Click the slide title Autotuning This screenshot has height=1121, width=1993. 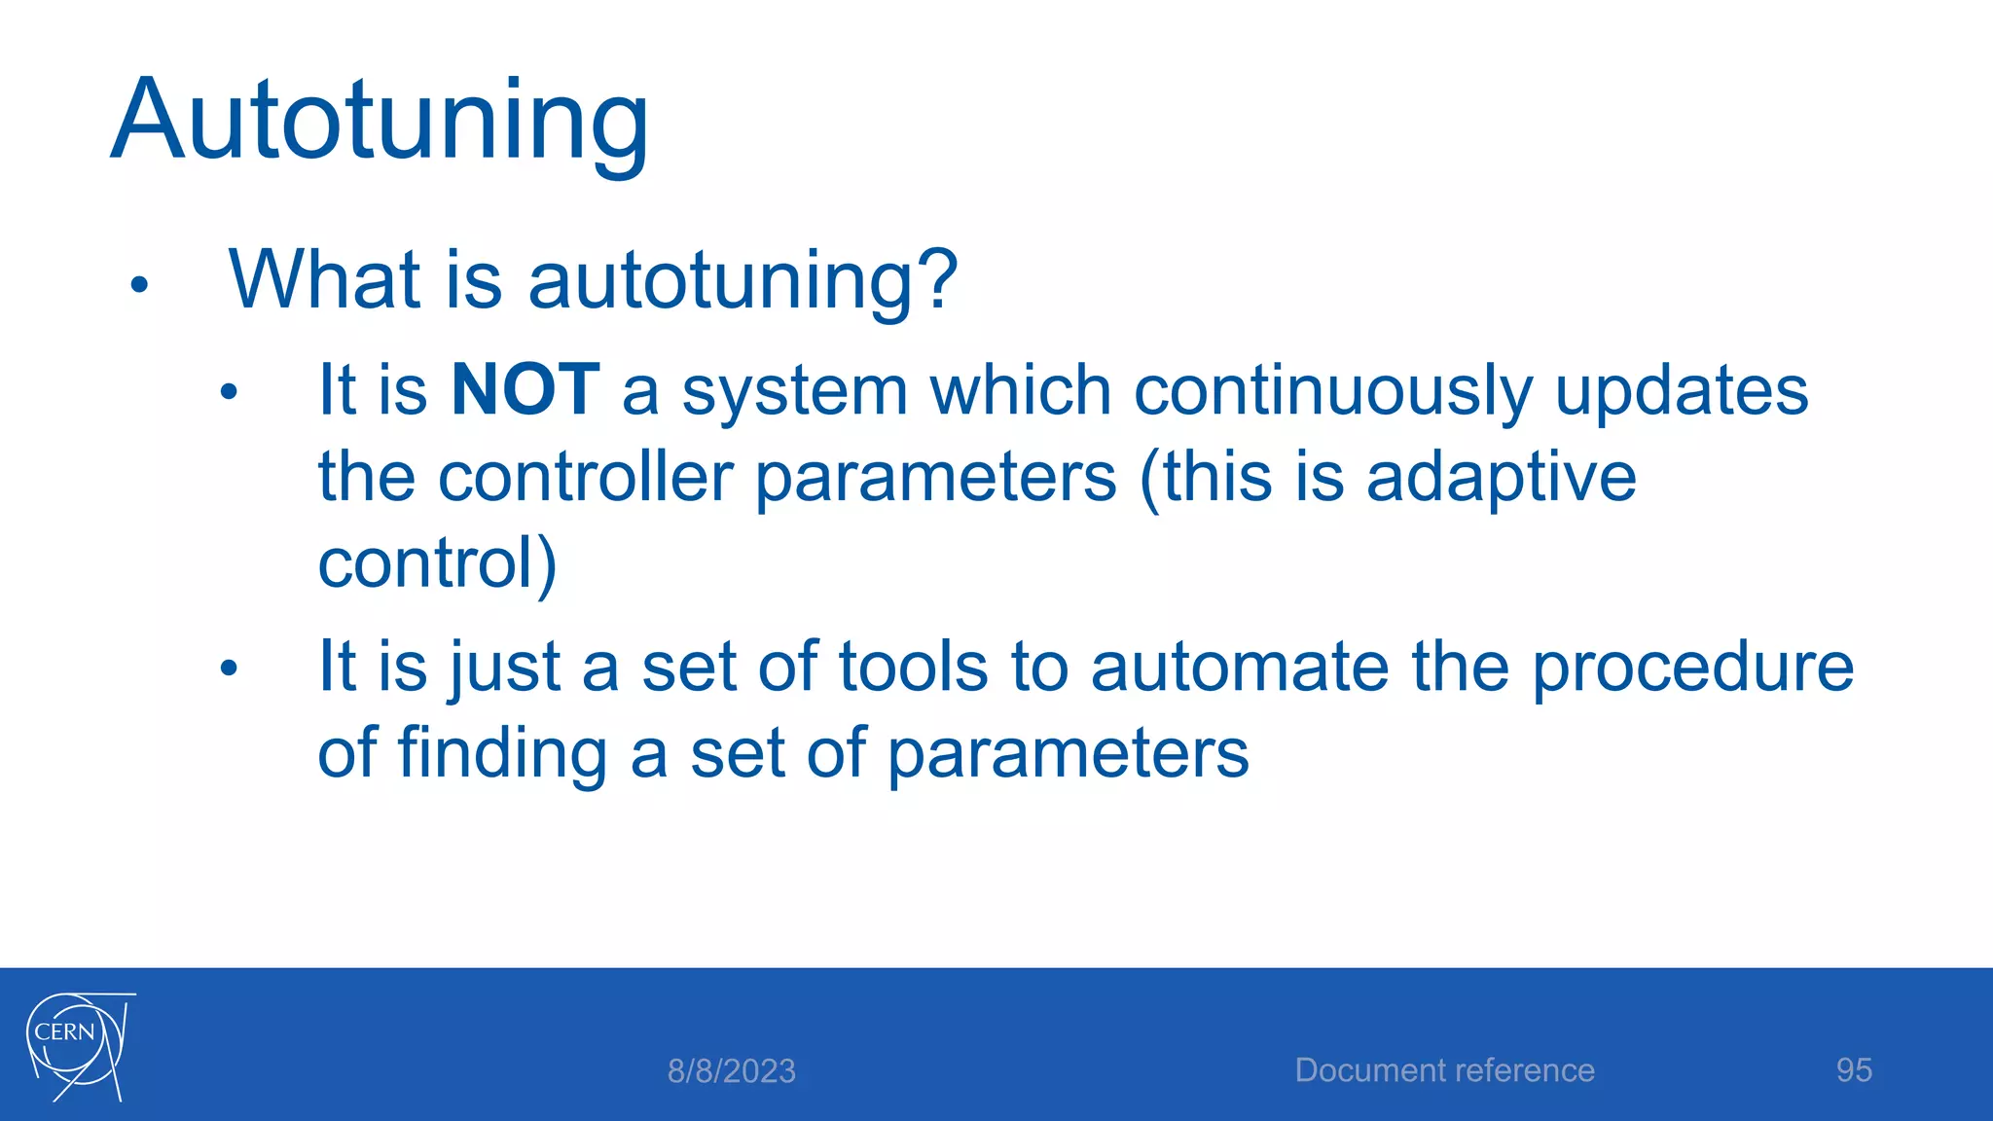click(380, 122)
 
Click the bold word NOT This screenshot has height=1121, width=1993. click(525, 390)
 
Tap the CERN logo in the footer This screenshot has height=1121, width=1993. click(78, 1047)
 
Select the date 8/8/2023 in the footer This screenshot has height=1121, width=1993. click(731, 1071)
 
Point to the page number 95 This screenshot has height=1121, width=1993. click(1853, 1070)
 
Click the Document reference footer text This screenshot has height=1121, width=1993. click(1444, 1070)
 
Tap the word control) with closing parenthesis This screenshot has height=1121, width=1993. click(437, 564)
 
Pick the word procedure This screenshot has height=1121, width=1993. click(1692, 669)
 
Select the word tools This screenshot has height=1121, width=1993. click(913, 668)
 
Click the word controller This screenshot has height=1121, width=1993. click(584, 477)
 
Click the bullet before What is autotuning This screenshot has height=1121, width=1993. click(139, 285)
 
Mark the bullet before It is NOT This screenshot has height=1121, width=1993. click(229, 393)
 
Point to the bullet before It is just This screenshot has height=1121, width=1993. click(229, 669)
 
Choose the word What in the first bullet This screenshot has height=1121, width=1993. click(325, 279)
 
